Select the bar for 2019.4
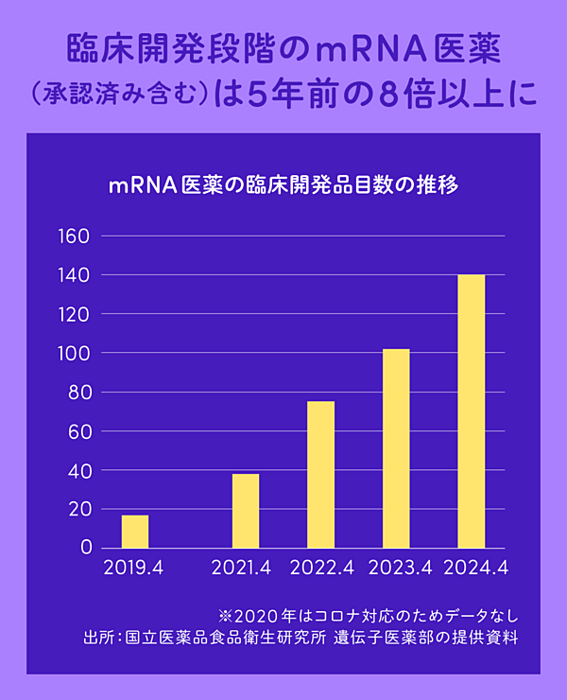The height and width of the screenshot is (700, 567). (135, 532)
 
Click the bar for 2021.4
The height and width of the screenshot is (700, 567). (246, 511)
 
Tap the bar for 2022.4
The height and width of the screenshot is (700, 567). (320, 475)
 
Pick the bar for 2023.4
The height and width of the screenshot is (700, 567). (396, 448)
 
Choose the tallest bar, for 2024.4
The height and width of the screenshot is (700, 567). (471, 411)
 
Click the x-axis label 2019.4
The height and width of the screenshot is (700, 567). (133, 569)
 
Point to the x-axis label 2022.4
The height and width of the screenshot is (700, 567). (321, 569)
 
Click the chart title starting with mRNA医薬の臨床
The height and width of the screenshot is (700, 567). (283, 185)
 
